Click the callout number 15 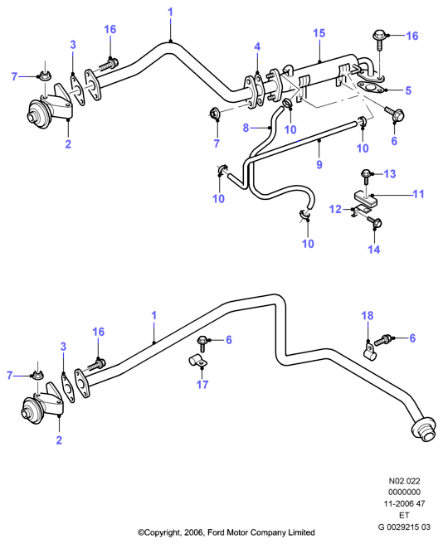[319, 33]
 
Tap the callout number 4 [257, 46]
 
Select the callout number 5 [408, 90]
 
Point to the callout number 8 [246, 128]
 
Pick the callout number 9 [319, 164]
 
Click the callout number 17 [202, 385]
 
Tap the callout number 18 [368, 316]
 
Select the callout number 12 [335, 209]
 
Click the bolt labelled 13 [366, 176]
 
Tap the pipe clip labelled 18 [368, 350]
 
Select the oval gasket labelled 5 [370, 87]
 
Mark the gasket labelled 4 [258, 91]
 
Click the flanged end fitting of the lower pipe [423, 430]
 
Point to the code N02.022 [404, 481]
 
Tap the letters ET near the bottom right [404, 515]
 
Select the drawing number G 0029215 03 [404, 527]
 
